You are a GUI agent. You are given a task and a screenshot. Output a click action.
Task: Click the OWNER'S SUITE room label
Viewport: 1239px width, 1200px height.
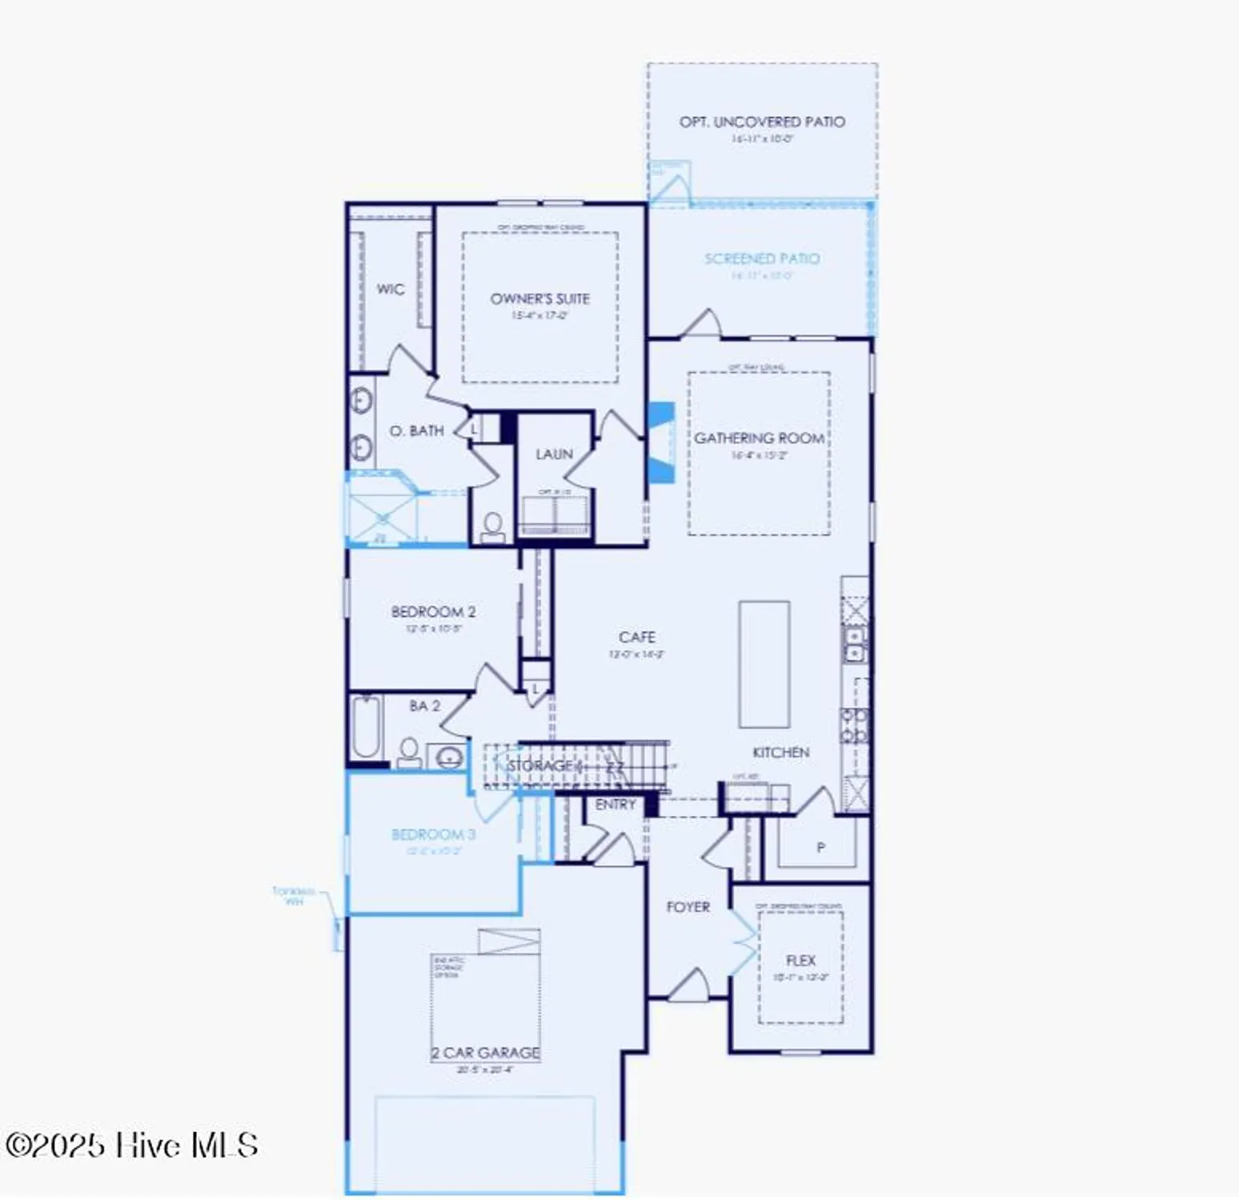pos(539,299)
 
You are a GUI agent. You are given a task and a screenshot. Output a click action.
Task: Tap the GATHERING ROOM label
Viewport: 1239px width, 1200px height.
pos(759,438)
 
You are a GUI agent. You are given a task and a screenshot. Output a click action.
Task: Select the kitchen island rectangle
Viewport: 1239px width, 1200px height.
pos(764,664)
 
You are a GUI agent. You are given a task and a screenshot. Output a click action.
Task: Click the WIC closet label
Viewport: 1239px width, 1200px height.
pos(390,290)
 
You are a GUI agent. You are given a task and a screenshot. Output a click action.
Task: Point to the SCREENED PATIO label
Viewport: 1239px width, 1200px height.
pos(761,259)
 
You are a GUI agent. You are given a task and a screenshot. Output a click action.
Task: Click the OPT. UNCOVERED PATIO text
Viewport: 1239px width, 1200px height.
pos(761,122)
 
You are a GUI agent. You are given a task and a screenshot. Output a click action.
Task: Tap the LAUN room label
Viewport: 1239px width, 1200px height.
pos(554,454)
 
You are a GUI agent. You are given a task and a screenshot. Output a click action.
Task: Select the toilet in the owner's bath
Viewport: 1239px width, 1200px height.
pos(493,527)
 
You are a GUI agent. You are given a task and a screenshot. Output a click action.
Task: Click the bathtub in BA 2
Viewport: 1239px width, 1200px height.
pos(366,726)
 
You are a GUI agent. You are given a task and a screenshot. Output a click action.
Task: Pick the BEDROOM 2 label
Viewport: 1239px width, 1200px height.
pos(433,612)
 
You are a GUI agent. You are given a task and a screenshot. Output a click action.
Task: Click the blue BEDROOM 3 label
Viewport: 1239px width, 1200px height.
pos(433,835)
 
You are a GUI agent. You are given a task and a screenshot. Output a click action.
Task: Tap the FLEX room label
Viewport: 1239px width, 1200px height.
pos(800,961)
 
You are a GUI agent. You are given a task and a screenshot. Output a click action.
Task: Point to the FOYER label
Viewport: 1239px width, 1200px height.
pos(688,907)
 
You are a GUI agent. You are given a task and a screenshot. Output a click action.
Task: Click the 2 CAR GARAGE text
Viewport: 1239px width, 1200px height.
pos(486,1053)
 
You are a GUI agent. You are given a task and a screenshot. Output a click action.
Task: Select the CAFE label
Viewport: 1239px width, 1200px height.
pos(636,638)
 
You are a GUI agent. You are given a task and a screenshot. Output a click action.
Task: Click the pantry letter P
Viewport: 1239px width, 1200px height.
pos(820,847)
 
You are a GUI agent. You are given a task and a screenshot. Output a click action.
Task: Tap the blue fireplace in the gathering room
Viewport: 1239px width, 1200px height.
pos(660,442)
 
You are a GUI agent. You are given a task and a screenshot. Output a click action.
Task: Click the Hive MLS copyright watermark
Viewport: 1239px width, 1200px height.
pos(132,1146)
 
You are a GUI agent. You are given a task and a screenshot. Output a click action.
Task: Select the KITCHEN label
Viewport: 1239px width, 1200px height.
pos(780,753)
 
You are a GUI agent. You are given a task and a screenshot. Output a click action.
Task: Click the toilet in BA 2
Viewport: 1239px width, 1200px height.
pos(409,752)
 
